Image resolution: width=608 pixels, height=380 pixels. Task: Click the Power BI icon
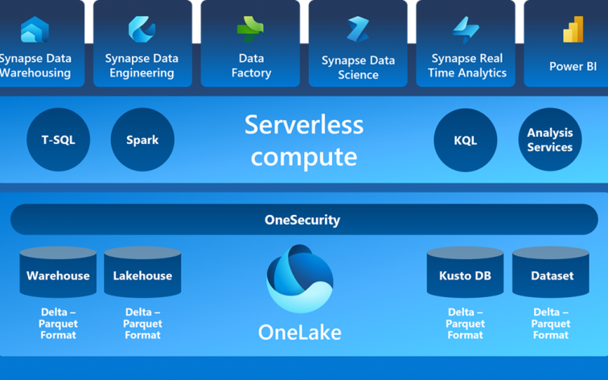point(573,30)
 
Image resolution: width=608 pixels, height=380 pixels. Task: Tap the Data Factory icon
point(250,30)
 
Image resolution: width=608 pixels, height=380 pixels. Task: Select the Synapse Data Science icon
point(358,30)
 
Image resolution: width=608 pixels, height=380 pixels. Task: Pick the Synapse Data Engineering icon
point(142,30)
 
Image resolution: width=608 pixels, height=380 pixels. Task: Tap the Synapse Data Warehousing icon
point(35,30)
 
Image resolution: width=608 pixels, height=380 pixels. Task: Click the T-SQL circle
point(58,140)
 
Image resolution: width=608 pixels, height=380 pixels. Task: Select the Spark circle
point(142,140)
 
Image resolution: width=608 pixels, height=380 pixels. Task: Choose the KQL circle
point(465,140)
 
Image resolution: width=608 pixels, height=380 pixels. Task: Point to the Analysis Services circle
point(550,140)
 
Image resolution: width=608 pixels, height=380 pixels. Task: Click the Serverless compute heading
point(304,140)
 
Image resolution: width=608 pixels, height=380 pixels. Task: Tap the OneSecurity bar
point(303,220)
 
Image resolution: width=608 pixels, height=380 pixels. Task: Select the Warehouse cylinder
point(58,275)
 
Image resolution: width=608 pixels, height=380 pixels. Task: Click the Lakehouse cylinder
point(142,275)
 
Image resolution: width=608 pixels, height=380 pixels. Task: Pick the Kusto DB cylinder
point(465,275)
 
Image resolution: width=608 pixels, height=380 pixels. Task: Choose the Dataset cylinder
point(552,275)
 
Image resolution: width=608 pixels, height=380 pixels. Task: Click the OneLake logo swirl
point(299,279)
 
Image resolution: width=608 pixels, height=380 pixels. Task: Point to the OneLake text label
point(299,332)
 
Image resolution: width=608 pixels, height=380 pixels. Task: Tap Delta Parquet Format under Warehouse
point(58,324)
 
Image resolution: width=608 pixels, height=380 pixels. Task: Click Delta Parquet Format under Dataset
point(551,324)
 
